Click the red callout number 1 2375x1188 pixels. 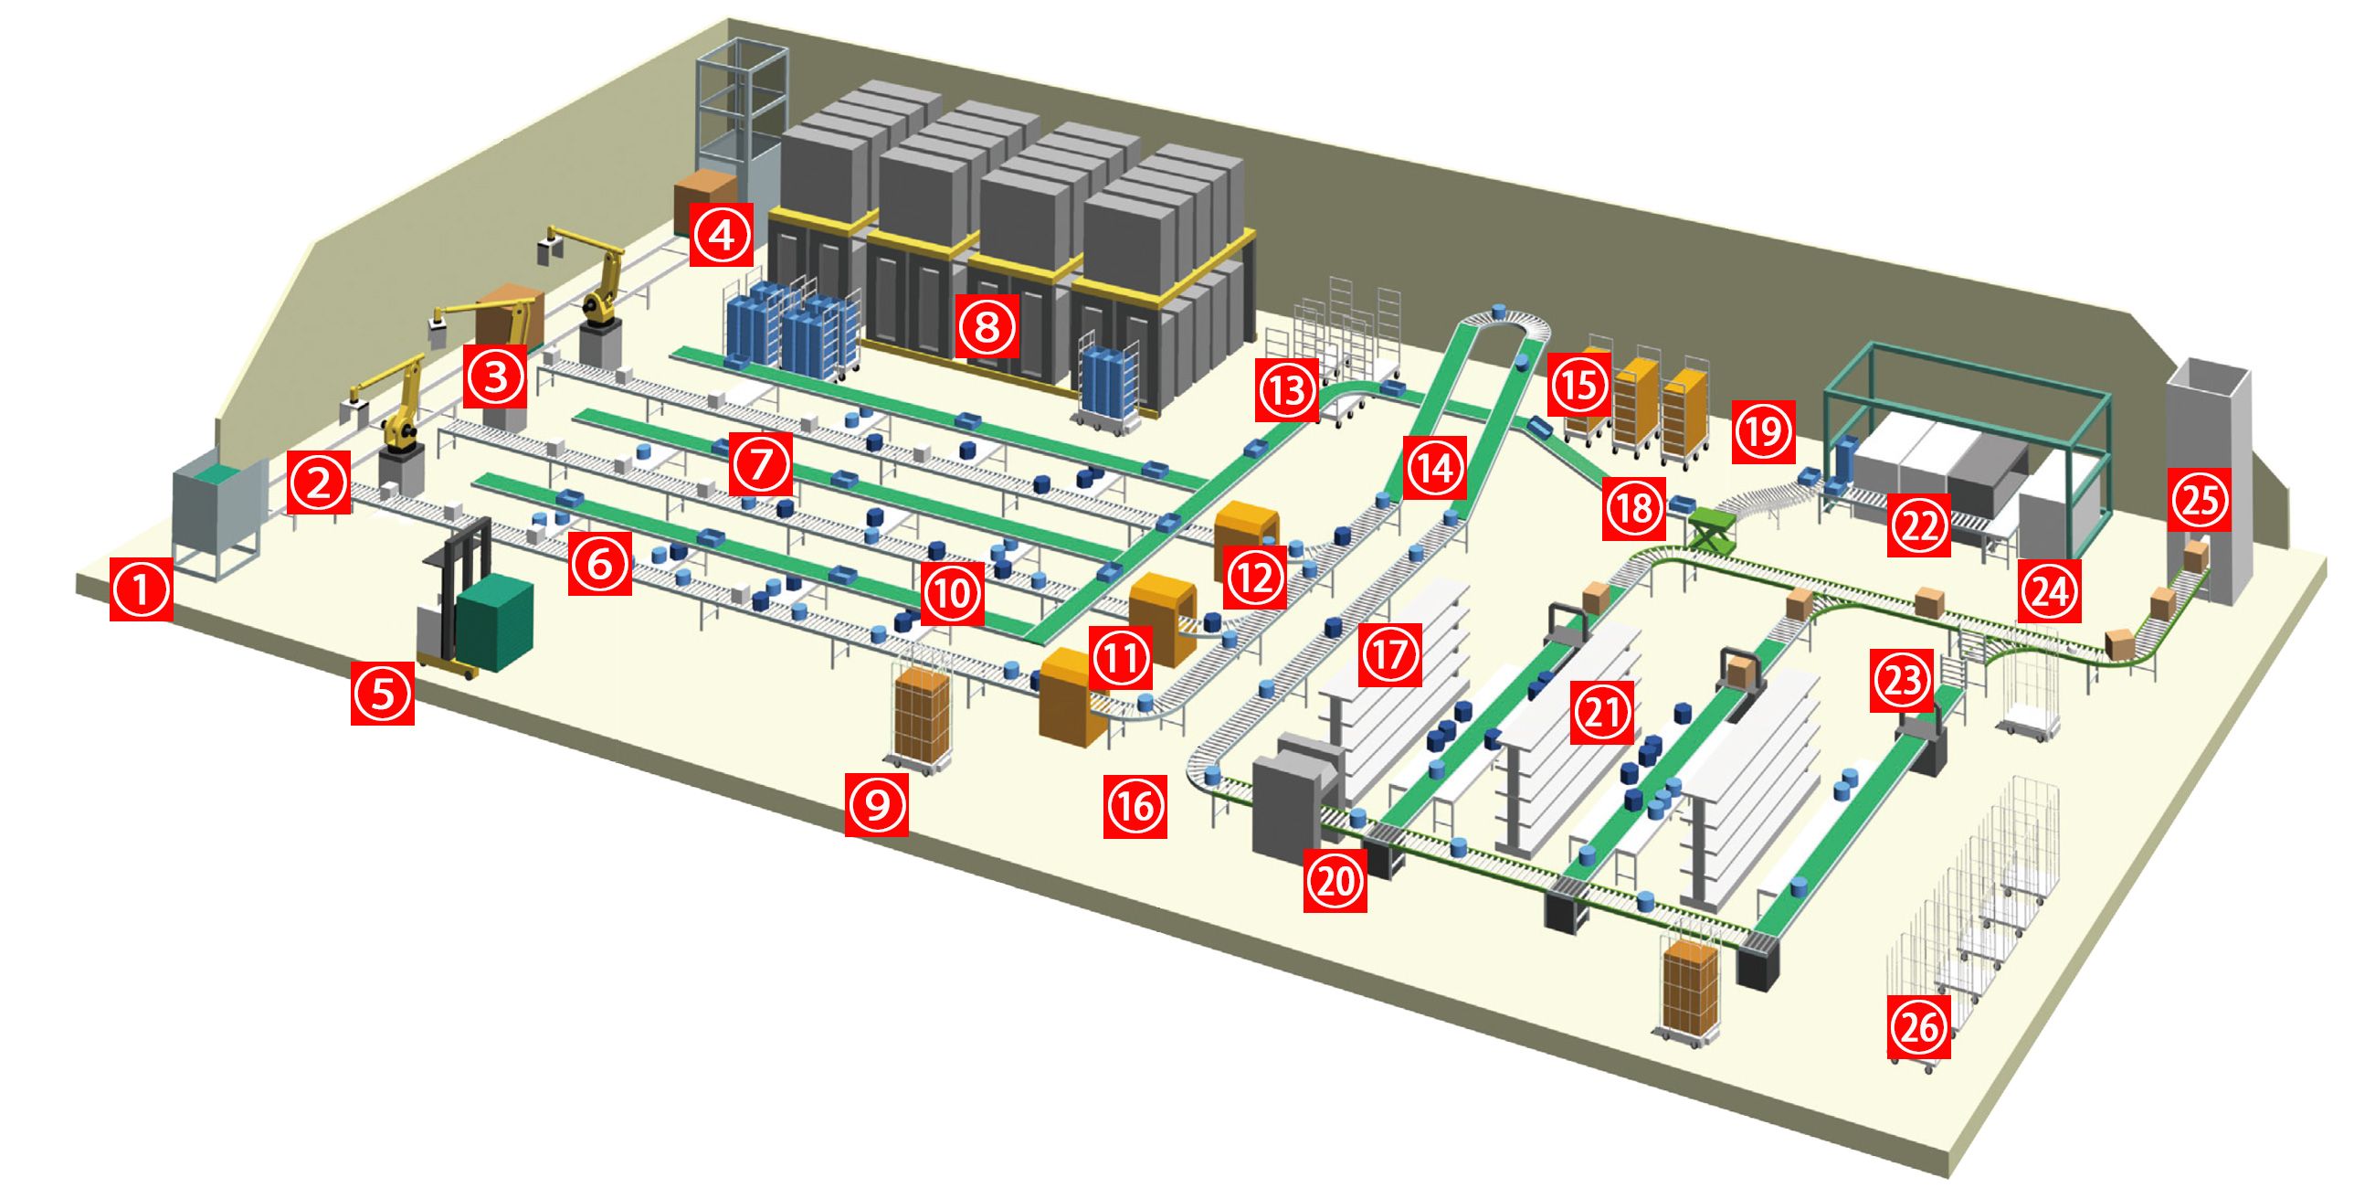pyautogui.click(x=141, y=589)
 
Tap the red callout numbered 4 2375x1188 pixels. pyautogui.click(x=722, y=234)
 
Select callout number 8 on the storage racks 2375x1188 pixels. pyautogui.click(x=987, y=325)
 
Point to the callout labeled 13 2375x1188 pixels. pyautogui.click(x=1287, y=389)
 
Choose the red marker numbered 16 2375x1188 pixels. pyautogui.click(x=1135, y=807)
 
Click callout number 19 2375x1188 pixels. pyautogui.click(x=1764, y=430)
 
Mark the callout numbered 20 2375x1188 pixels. pyautogui.click(x=1335, y=882)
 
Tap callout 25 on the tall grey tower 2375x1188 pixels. pyautogui.click(x=2201, y=500)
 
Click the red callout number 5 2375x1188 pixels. pyautogui.click(x=383, y=693)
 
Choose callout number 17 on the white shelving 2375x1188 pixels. pyautogui.click(x=1390, y=654)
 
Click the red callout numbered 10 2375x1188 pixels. pyautogui.click(x=952, y=593)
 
